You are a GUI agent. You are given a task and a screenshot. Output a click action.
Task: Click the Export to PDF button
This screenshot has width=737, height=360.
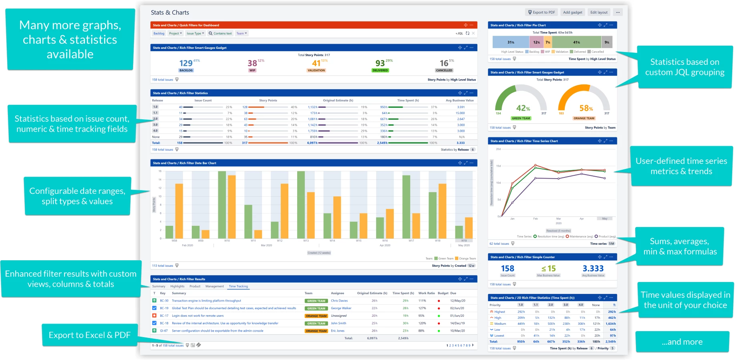pos(542,12)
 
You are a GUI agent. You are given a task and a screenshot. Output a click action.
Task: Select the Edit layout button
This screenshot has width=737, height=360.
pos(599,12)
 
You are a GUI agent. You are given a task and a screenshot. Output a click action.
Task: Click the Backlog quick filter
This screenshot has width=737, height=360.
pos(159,34)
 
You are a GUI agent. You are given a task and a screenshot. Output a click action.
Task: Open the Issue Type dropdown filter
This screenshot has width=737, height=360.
pos(195,34)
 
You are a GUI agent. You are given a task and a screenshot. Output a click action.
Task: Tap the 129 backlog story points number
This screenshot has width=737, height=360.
pos(186,63)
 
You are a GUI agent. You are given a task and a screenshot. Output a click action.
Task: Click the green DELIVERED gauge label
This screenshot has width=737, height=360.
pos(380,70)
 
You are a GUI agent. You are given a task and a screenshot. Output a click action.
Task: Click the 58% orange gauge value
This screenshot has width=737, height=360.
pos(586,108)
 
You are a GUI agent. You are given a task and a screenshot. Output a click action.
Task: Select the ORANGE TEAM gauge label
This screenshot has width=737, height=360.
pos(584,119)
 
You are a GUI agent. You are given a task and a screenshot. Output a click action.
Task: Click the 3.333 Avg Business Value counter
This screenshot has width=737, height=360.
pos(593,269)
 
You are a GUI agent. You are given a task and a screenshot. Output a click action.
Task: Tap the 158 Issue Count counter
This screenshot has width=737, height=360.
pos(507,269)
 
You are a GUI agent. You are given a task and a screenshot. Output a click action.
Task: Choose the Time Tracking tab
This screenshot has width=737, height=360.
pos(238,286)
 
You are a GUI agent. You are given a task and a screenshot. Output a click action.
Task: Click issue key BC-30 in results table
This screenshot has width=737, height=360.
pos(164,301)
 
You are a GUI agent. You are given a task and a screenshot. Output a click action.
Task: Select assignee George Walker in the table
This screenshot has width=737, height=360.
pos(341,308)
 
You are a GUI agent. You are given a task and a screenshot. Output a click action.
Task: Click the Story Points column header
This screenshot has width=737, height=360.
pos(268,101)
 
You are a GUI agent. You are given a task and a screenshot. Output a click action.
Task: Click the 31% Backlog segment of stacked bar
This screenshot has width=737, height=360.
pos(511,42)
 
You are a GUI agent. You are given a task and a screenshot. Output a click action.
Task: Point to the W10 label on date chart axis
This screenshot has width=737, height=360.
pos(227,241)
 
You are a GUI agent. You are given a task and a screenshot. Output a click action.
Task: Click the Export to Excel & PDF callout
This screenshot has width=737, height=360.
pos(90,335)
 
